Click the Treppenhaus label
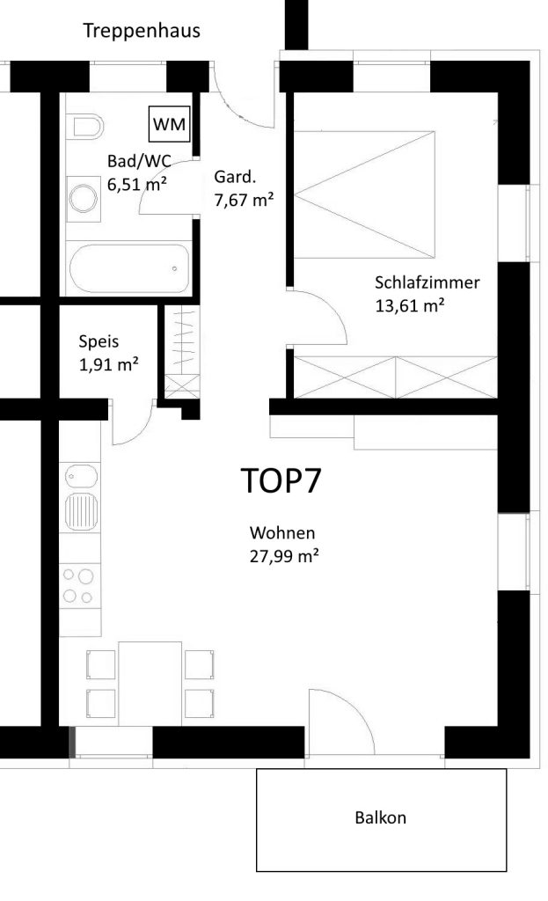tap(142, 31)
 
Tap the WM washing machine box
tap(170, 124)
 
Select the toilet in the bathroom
tap(84, 127)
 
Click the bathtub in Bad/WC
tap(129, 268)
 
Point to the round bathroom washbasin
tap(84, 198)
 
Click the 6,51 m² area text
tap(137, 185)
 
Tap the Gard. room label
tap(235, 177)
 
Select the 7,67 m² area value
tap(244, 200)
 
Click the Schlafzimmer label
tap(427, 282)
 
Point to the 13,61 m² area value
tap(410, 305)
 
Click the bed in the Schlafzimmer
tap(365, 194)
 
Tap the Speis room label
tap(99, 342)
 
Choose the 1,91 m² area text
tap(108, 364)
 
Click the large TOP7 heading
tap(281, 480)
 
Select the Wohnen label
tap(282, 532)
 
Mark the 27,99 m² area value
tap(284, 556)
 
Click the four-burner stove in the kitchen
tap(79, 585)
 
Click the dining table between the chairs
tap(150, 683)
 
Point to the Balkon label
tap(380, 817)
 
